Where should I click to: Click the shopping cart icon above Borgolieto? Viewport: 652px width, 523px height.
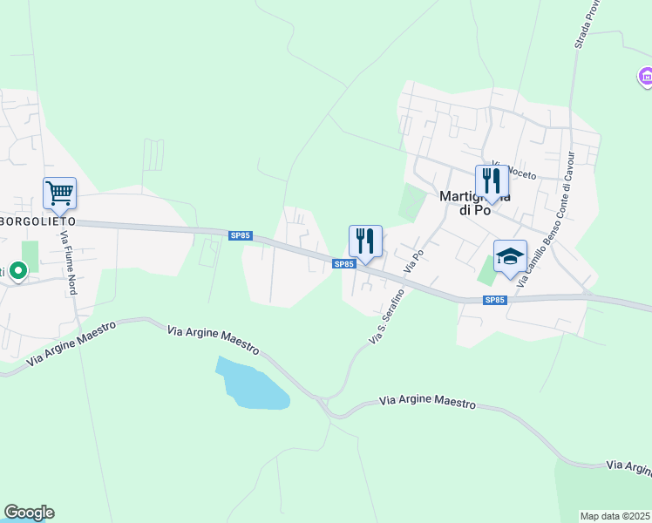[x=59, y=193]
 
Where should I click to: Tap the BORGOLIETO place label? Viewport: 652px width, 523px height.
[x=38, y=221]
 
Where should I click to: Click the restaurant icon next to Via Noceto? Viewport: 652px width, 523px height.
[x=491, y=180]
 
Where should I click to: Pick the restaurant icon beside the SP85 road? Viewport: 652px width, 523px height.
[x=365, y=241]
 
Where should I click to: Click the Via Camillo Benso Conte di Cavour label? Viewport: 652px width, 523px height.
[x=547, y=221]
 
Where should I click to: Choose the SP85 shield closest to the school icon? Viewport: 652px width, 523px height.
[x=494, y=300]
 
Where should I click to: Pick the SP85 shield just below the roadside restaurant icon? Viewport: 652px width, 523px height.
[x=344, y=263]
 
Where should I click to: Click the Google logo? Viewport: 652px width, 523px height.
[x=29, y=513]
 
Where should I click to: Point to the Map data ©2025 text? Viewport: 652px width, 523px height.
[x=615, y=516]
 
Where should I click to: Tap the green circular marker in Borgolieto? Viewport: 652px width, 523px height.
[x=17, y=273]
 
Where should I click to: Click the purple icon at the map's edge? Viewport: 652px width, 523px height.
[x=646, y=79]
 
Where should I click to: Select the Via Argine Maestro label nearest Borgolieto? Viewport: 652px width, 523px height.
[x=73, y=343]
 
